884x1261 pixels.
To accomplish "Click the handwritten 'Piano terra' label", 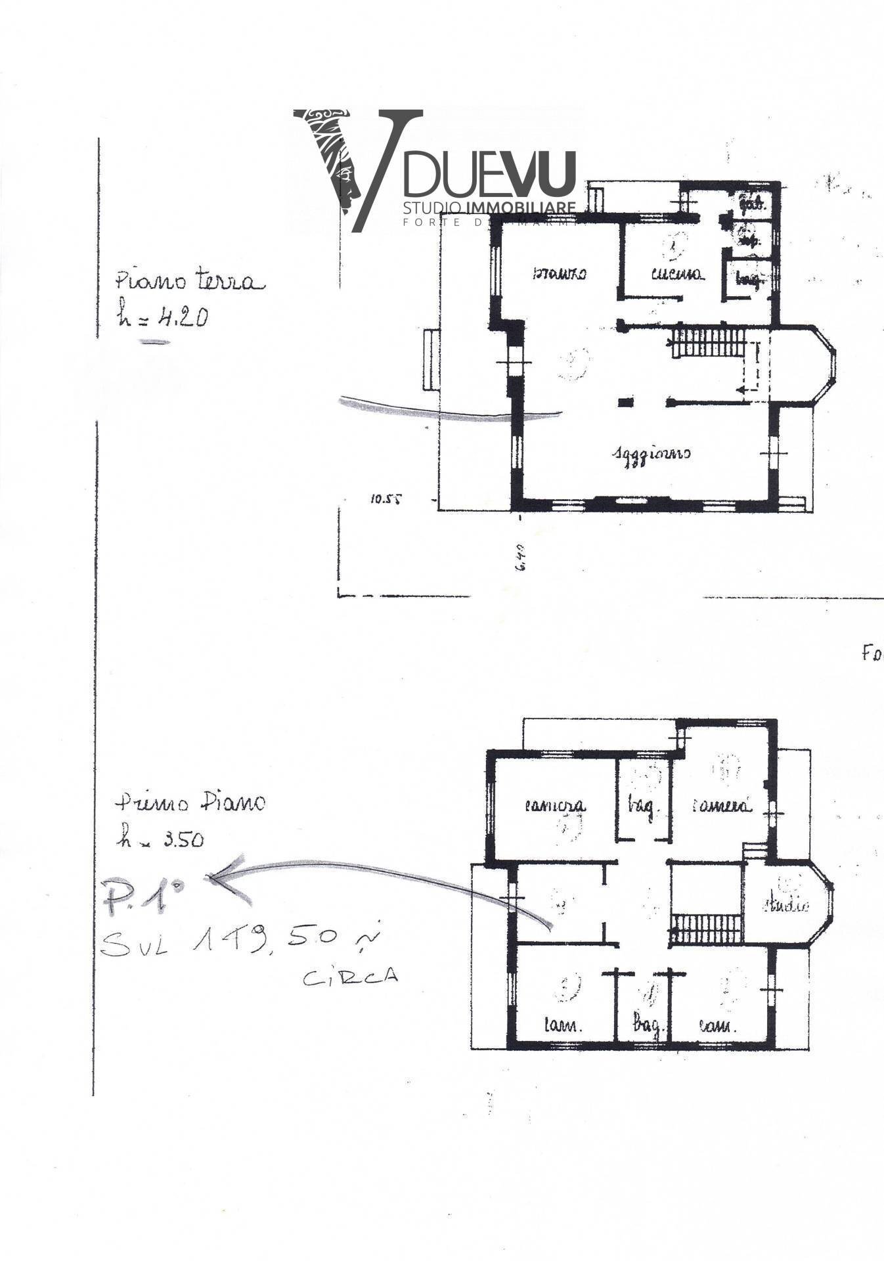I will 190,281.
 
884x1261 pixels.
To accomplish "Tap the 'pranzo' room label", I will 559,273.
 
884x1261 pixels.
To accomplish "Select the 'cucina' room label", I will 678,274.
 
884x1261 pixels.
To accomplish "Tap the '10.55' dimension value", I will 385,498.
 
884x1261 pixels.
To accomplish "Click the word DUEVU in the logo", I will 489,174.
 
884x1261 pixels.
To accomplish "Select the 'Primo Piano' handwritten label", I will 190,802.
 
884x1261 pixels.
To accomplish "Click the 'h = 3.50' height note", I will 161,838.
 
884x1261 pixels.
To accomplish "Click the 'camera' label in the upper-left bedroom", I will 555,805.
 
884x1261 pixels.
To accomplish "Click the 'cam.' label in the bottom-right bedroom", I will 717,1025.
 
